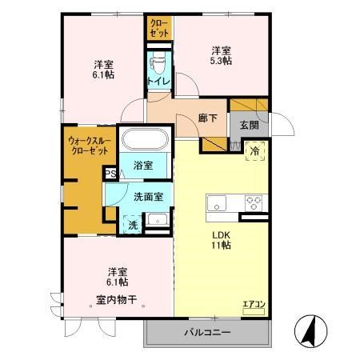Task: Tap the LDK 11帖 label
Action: coord(222,240)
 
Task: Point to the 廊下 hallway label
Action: coord(206,118)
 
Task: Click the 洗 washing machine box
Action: coord(134,225)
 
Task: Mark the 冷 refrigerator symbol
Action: coord(255,150)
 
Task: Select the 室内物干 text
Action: coord(117,300)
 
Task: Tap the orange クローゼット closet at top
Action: coord(158,28)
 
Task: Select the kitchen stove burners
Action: coord(254,202)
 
